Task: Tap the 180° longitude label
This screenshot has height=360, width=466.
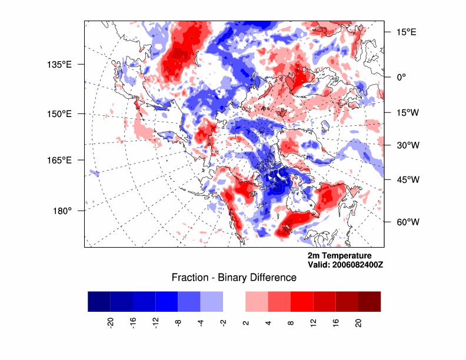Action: (62, 211)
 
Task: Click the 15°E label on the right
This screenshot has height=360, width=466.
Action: (405, 32)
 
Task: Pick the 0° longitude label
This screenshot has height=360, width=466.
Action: (401, 76)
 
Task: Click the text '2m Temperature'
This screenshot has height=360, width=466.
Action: (339, 255)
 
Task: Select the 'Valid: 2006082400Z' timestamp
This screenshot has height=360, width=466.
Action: (345, 265)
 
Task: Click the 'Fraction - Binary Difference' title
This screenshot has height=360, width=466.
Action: (234, 277)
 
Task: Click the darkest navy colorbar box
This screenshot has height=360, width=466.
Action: (99, 301)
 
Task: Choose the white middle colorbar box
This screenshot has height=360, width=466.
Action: (234, 301)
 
